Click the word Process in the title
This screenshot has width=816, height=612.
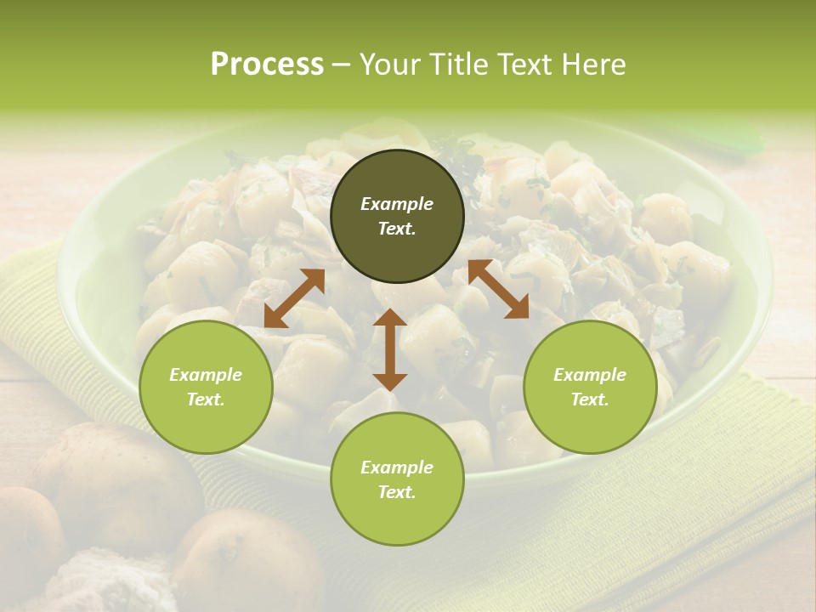(x=267, y=64)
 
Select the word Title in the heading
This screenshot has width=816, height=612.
(x=456, y=64)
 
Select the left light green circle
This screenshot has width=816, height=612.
(x=206, y=387)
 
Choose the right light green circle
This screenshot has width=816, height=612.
(x=590, y=387)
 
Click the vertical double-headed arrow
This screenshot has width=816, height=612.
(x=389, y=349)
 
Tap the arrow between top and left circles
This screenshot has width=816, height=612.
(x=294, y=298)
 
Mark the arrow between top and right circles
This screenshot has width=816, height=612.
(x=498, y=289)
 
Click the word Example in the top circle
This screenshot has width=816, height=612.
(x=397, y=204)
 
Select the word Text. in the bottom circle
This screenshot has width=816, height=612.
(x=397, y=492)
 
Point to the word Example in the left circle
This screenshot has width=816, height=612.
(x=206, y=375)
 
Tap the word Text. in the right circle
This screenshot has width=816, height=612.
(x=590, y=399)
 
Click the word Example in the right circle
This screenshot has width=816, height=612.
(x=590, y=375)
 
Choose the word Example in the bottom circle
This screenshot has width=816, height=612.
(x=397, y=467)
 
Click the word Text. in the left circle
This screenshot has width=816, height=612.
(x=206, y=399)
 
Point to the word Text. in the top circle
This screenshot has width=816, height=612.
(x=397, y=229)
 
